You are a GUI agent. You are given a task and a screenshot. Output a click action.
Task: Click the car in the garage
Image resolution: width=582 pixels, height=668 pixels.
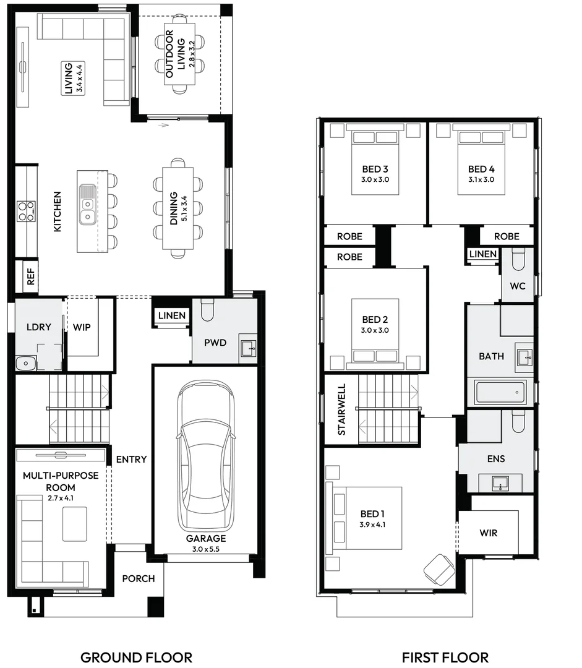point(205,455)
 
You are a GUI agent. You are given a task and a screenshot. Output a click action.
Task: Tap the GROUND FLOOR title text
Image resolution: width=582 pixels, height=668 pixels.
point(136,657)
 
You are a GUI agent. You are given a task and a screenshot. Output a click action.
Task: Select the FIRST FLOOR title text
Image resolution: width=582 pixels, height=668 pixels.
point(445,657)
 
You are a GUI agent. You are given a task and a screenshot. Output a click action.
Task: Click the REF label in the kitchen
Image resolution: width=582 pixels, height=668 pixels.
point(30,277)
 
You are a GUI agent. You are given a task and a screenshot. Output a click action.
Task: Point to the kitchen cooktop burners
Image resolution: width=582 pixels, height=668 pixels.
point(25,211)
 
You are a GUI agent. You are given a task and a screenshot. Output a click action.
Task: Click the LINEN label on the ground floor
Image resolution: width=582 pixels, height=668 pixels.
point(171,315)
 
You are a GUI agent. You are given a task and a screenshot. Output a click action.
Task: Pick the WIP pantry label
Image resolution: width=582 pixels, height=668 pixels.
point(82,327)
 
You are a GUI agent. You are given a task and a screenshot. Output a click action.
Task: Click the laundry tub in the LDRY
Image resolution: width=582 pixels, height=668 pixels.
point(26,363)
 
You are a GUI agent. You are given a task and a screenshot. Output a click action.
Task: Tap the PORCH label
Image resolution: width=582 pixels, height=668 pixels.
point(138,579)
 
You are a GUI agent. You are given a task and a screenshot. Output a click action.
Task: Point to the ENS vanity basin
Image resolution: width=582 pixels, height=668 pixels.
point(500,483)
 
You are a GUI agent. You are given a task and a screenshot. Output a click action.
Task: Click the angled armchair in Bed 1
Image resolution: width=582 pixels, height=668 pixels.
point(439,568)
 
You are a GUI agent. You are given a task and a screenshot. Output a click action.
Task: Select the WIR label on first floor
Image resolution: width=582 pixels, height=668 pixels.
point(488,533)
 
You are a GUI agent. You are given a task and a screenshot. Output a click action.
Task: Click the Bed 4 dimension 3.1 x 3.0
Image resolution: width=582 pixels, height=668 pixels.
point(481,180)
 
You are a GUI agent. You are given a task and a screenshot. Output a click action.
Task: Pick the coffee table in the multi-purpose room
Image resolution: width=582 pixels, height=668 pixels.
point(75,523)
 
